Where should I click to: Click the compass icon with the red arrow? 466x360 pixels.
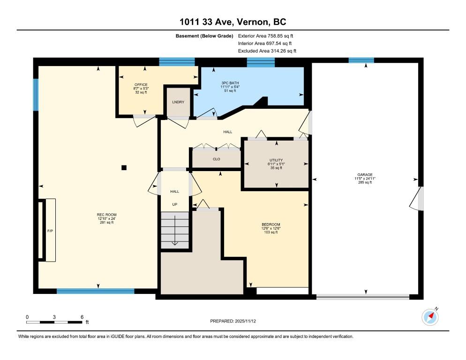pyautogui.click(x=430, y=317)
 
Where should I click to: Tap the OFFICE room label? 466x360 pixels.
pyautogui.click(x=141, y=85)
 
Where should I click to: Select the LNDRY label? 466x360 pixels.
pyautogui.click(x=178, y=102)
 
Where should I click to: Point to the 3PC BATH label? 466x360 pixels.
pyautogui.click(x=230, y=83)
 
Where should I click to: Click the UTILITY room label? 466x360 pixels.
pyautogui.click(x=276, y=160)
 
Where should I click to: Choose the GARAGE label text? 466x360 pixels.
pyautogui.click(x=365, y=175)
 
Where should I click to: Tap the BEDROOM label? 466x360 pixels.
pyautogui.click(x=271, y=225)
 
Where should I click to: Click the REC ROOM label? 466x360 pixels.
pyautogui.click(x=107, y=215)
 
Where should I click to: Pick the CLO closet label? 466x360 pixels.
pyautogui.click(x=217, y=159)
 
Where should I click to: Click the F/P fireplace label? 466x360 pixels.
pyautogui.click(x=50, y=231)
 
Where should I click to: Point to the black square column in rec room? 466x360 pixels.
pyautogui.click(x=124, y=168)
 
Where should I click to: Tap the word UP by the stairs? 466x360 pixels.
pyautogui.click(x=175, y=204)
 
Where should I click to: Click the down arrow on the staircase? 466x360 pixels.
pyautogui.click(x=175, y=230)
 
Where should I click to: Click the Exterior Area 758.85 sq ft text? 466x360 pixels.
pyautogui.click(x=266, y=36)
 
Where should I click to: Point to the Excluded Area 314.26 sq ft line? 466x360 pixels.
pyautogui.click(x=267, y=51)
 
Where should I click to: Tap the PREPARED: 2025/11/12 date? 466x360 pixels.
pyautogui.click(x=233, y=321)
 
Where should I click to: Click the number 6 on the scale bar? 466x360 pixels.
pyautogui.click(x=82, y=317)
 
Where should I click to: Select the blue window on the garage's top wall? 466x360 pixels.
pyautogui.click(x=361, y=60)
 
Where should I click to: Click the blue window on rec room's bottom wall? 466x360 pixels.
pyautogui.click(x=95, y=291)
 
